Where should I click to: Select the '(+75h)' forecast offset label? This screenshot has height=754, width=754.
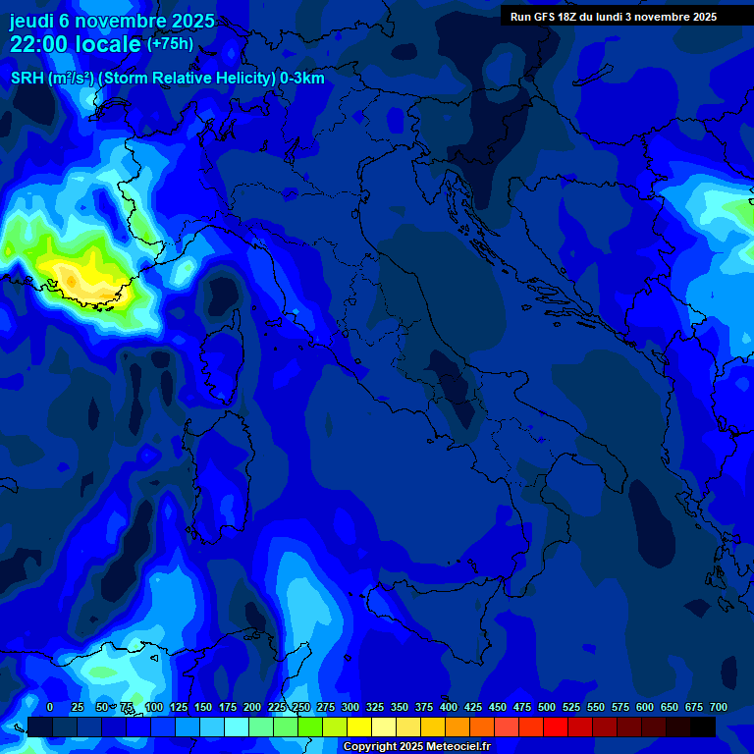point(170,44)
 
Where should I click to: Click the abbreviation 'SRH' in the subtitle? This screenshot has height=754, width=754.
point(27,79)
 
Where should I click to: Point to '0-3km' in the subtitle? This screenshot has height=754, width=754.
point(302,79)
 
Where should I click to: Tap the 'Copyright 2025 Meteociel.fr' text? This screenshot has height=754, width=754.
point(423,747)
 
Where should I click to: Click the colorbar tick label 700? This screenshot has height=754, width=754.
point(718,708)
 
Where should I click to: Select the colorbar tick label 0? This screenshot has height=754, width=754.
point(50,708)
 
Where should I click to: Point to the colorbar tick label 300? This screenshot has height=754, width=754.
point(350,708)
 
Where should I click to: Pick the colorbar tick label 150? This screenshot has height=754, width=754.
point(203,708)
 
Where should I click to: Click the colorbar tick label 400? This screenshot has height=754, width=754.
point(449,708)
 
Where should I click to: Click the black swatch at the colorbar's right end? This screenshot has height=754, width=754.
point(703,727)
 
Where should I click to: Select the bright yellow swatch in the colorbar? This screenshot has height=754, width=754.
point(359,727)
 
